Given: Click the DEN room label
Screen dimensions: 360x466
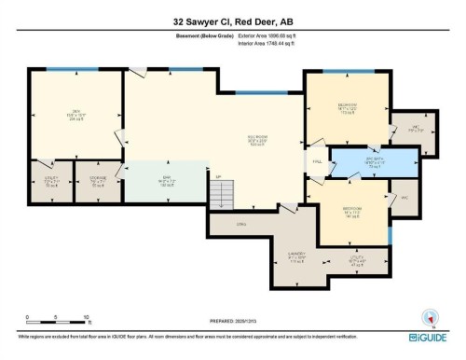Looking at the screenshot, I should pos(76,116).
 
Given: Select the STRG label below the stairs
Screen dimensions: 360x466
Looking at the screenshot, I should pos(240,224).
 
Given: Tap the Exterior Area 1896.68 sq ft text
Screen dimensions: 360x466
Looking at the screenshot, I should pos(269,35).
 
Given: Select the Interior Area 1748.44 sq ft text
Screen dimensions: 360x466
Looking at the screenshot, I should pos(269,43).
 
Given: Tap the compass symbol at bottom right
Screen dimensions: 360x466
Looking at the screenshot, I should pos(431,316).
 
